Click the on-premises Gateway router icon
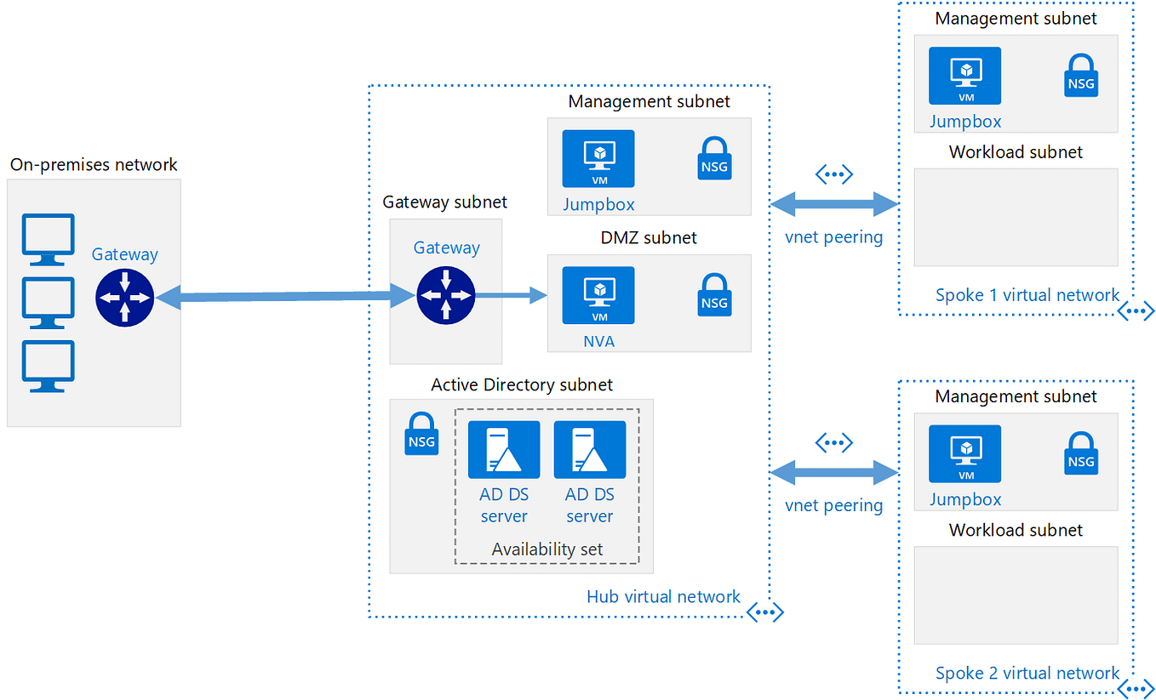coord(125,299)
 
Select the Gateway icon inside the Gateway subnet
coord(445,295)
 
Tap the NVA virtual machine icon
coord(598,295)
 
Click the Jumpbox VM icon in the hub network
coord(598,159)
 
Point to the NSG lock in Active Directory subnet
coord(421,434)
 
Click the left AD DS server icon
coord(504,450)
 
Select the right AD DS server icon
coord(590,450)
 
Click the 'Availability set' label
coord(547,549)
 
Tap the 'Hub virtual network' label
coord(663,597)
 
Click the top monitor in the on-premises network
coord(48,239)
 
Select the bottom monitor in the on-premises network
coord(48,366)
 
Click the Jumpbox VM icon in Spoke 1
coord(964,76)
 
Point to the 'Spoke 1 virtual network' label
coord(1027,295)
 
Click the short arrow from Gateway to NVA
coord(511,295)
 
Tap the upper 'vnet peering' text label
coord(833,237)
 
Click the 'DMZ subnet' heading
coord(649,238)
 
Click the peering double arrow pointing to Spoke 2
coord(834,471)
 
